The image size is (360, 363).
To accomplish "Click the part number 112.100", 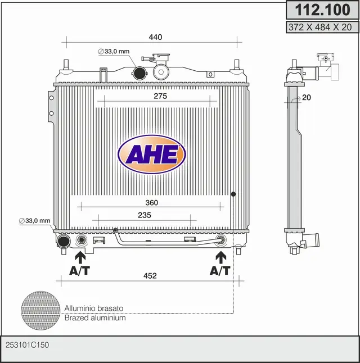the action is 322,10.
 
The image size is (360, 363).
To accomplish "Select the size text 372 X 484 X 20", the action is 320,27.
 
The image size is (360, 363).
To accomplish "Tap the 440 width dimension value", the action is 155,37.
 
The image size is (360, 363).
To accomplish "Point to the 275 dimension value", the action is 160,96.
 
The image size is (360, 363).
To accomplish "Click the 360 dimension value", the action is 152,203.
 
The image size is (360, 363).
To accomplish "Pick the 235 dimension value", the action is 145,215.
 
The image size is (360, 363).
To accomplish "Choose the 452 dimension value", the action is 150,276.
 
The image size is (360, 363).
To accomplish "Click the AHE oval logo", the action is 152,155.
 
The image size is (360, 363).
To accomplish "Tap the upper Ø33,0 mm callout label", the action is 114,51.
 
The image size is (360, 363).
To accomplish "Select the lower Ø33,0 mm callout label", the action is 34,221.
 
